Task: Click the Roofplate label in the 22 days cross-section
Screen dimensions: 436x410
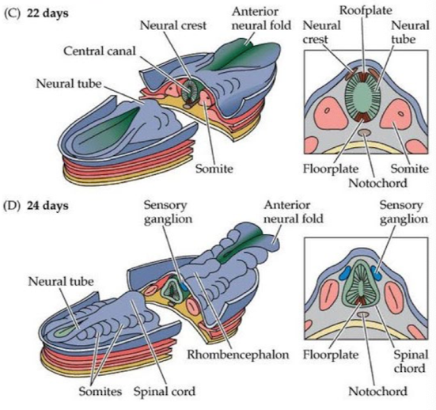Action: pos(366,10)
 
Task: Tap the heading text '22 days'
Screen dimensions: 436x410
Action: pos(47,13)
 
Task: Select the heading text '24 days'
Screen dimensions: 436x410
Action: pos(47,206)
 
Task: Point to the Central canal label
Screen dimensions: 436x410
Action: pos(100,51)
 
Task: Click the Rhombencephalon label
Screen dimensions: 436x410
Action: pos(238,355)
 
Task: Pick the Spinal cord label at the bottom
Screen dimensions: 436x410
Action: pos(165,391)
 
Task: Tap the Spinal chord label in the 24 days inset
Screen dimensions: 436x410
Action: pos(411,362)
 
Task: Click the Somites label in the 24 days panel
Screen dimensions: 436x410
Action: pos(100,391)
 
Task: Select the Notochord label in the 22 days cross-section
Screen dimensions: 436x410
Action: pos(377,183)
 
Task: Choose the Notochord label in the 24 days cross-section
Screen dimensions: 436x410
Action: pos(377,391)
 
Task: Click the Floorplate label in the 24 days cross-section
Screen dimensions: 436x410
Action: pos(331,355)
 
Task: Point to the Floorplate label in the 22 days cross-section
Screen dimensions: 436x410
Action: pos(331,169)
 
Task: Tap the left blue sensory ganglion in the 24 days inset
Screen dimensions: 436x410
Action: pos(346,273)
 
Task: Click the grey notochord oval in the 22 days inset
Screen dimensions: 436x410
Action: pos(364,133)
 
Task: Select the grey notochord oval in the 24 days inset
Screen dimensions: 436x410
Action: pos(363,314)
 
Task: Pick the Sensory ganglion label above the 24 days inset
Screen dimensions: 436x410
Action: pos(404,212)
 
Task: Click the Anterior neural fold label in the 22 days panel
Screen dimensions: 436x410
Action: pos(261,18)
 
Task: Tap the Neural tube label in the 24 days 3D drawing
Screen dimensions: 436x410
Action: pos(61,282)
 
